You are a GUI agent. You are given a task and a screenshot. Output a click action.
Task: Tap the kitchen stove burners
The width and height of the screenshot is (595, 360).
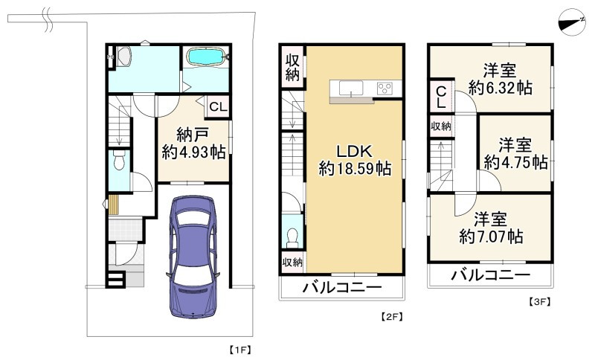(x=386, y=89)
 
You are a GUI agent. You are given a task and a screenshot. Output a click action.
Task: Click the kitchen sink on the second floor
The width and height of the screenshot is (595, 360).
(x=350, y=89)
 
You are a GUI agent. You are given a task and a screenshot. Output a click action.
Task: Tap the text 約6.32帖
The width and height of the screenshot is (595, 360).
(x=499, y=88)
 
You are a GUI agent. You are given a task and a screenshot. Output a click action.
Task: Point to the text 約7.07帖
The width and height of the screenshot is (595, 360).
(x=490, y=237)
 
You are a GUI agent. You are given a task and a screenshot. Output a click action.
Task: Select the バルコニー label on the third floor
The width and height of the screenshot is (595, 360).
(x=491, y=275)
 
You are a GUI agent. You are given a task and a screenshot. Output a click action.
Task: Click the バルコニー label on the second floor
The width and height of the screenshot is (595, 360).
(x=342, y=288)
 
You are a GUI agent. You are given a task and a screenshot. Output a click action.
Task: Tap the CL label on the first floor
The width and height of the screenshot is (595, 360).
(x=217, y=107)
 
